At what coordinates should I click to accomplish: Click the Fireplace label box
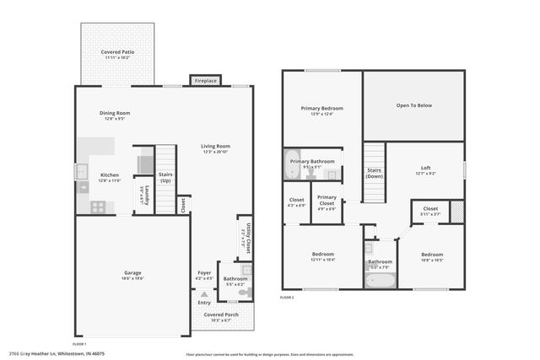[x=206, y=80]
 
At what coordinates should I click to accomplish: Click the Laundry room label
[x=146, y=195]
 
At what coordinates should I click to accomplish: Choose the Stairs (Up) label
[x=165, y=178]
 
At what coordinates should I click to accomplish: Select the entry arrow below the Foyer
[x=203, y=293]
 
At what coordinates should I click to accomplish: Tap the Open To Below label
[x=414, y=105]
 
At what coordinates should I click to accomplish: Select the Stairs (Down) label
[x=374, y=173]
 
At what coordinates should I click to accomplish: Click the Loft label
[x=425, y=170]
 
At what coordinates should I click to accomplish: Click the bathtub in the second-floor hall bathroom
[x=379, y=281]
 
